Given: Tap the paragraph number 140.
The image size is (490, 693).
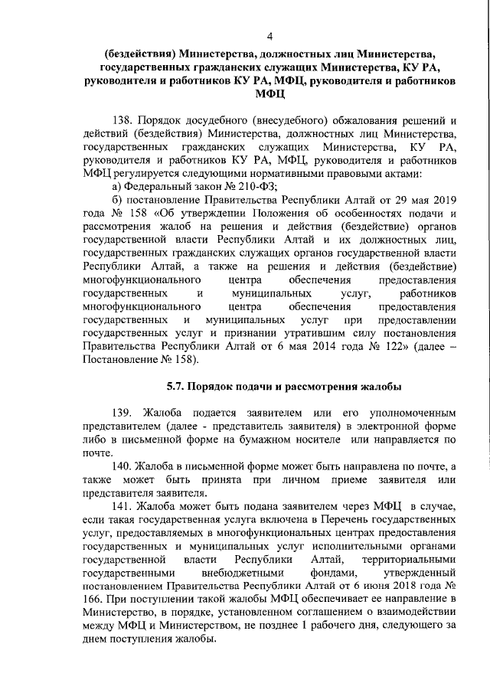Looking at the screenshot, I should (x=123, y=466).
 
